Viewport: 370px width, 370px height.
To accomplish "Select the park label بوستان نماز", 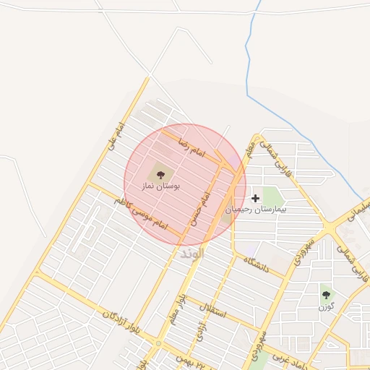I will pos(160,186).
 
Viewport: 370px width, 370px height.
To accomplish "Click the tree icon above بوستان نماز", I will pos(160,174).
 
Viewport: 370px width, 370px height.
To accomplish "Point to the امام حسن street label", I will pos(200,207).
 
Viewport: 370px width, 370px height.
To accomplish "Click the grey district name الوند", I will pos(192,254).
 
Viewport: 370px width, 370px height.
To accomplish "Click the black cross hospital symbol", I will pos(255,197).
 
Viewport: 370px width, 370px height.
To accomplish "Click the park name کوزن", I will pos(327,306).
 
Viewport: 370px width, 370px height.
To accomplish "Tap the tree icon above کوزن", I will pos(327,295).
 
